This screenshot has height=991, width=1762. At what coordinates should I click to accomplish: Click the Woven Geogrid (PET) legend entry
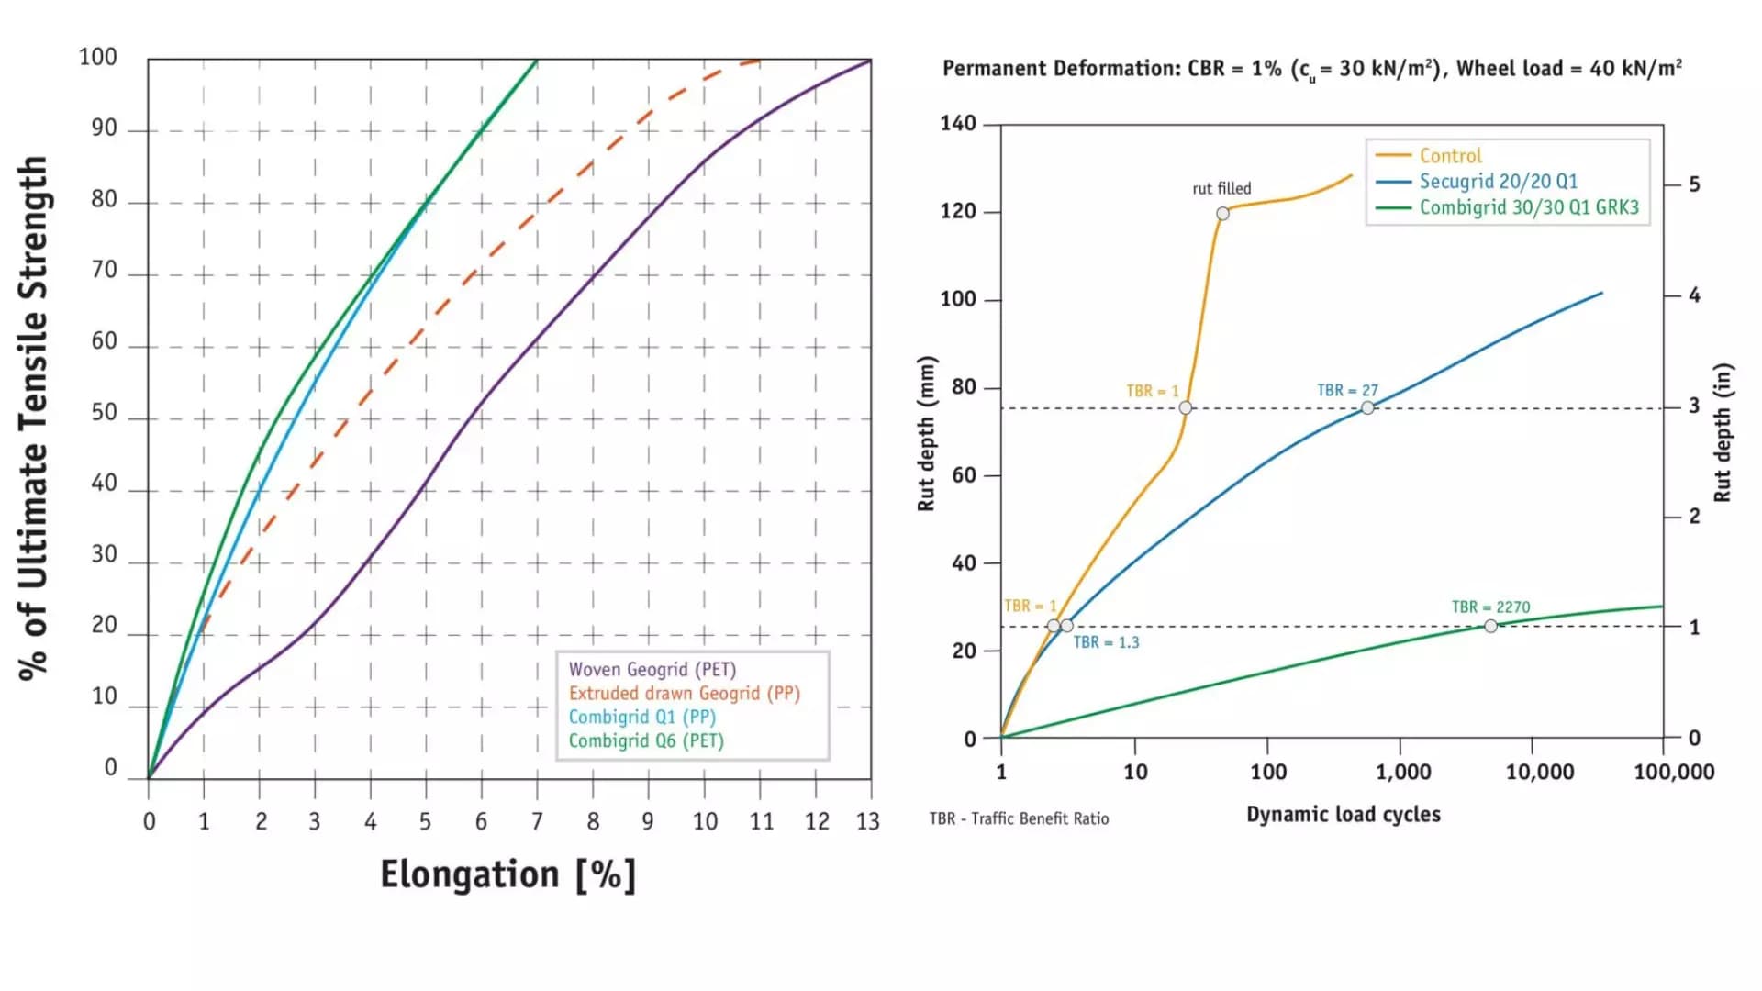pos(652,670)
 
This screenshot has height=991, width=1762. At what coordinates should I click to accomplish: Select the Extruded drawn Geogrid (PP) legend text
pos(684,694)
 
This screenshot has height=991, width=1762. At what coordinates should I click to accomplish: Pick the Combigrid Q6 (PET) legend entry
pos(645,741)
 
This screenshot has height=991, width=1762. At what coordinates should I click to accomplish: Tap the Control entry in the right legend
pos(1450,156)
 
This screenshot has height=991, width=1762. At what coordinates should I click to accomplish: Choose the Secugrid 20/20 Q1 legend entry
pos(1498,182)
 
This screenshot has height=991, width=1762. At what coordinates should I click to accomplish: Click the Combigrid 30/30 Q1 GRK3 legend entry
pos(1528,207)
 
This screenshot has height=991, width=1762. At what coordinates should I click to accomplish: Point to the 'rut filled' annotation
pos(1221,189)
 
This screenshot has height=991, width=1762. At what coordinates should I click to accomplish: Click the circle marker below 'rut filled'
pos(1222,214)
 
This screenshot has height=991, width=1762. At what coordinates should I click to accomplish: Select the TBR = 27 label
pos(1347,391)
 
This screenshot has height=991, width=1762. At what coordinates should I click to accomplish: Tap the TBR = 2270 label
pos(1490,607)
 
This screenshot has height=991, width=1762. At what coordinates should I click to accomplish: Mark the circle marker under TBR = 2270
pos(1490,626)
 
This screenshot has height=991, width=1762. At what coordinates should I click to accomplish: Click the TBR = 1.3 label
pos(1106,642)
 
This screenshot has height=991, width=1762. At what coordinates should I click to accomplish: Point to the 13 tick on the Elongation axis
pos(868,821)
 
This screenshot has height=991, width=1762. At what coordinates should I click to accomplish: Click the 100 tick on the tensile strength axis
pos(98,58)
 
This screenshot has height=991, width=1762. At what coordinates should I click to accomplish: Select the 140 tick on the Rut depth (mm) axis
pos(958,124)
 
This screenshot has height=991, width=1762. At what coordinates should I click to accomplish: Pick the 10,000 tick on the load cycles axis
pos(1539,773)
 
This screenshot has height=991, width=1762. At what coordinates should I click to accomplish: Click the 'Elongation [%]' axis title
pos(507,874)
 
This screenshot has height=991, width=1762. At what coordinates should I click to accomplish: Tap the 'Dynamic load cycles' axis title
pos(1343,815)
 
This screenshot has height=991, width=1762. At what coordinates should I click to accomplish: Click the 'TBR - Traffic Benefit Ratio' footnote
pos(1019,818)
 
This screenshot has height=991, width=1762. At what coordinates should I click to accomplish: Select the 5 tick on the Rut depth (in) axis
pos(1694,184)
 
